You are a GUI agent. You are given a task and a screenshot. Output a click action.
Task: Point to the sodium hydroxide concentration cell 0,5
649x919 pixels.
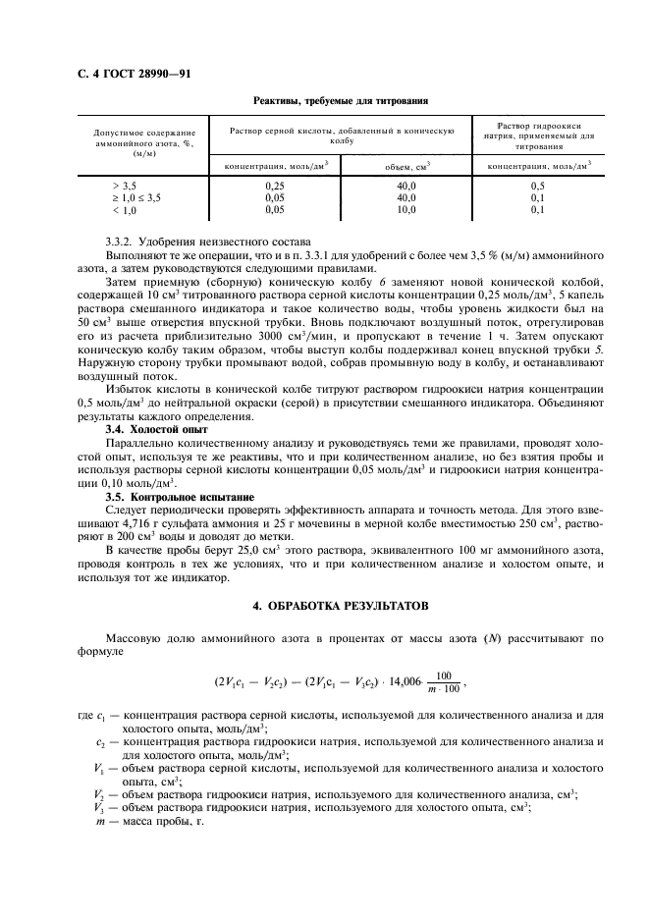click(537, 185)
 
